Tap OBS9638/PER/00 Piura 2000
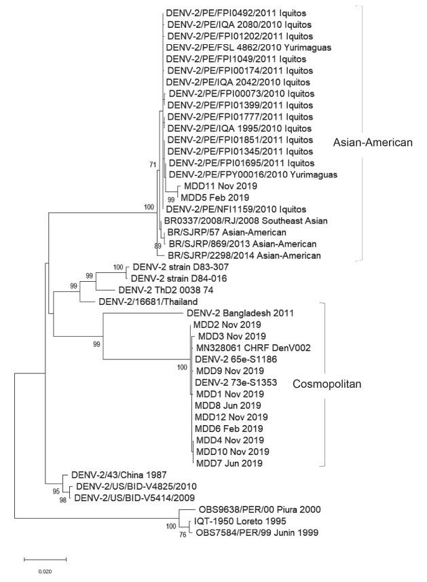pos(265,509)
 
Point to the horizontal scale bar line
pos(45,560)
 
